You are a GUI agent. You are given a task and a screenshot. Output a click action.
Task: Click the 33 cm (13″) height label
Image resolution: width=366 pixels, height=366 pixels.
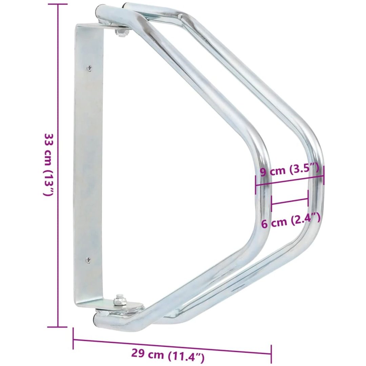(x=49, y=165)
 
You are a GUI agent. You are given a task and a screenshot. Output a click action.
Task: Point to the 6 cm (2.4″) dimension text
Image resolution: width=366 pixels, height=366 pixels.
(x=290, y=221)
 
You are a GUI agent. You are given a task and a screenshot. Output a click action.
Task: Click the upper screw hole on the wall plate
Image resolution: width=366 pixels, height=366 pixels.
(x=89, y=68)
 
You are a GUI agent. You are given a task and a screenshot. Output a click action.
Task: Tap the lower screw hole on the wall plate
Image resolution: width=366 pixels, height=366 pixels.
(x=88, y=260)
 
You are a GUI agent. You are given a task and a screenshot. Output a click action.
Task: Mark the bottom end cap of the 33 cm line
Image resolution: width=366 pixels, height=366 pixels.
(x=57, y=327)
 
